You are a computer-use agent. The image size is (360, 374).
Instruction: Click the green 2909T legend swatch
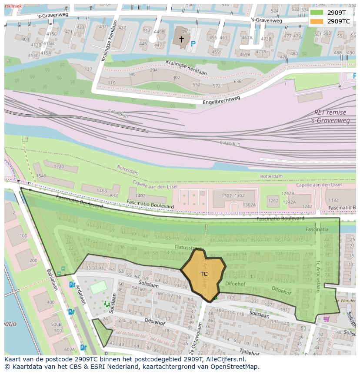317,13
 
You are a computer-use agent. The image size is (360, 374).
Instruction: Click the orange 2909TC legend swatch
317,21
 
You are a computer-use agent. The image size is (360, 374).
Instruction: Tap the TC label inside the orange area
204,274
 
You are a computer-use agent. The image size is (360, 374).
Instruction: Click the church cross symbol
181,40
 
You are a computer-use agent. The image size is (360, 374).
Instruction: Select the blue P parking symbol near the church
193,44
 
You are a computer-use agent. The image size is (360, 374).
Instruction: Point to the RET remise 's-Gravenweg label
330,116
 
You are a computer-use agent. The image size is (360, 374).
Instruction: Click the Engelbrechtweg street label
221,101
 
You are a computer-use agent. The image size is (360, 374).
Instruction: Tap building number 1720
59,166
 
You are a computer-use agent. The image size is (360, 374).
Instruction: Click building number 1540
41,176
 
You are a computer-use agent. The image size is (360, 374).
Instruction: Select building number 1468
101,191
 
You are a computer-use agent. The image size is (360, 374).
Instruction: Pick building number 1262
273,201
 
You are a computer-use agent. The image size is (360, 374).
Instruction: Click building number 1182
333,200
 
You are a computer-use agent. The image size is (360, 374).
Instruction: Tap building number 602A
69,349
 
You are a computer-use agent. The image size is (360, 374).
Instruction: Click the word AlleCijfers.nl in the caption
226,360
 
